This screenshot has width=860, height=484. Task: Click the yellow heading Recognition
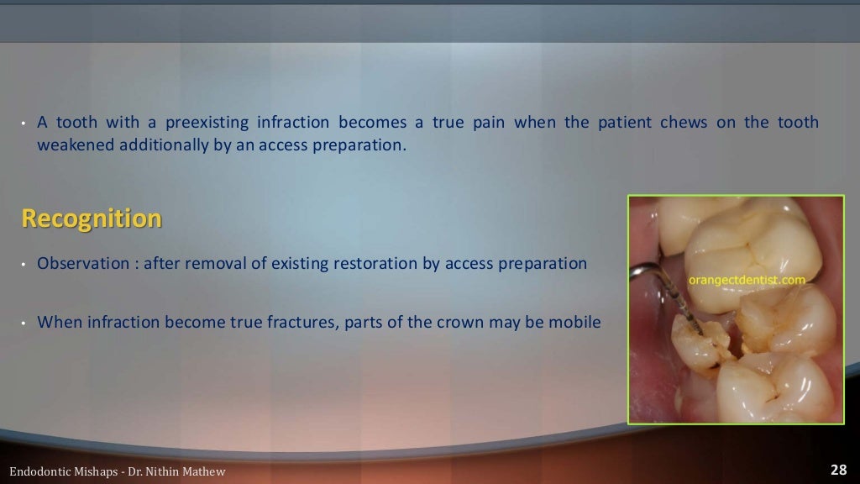pos(91,219)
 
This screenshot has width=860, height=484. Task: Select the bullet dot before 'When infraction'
pos(25,323)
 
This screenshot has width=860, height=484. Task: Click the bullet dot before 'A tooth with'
pos(25,124)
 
